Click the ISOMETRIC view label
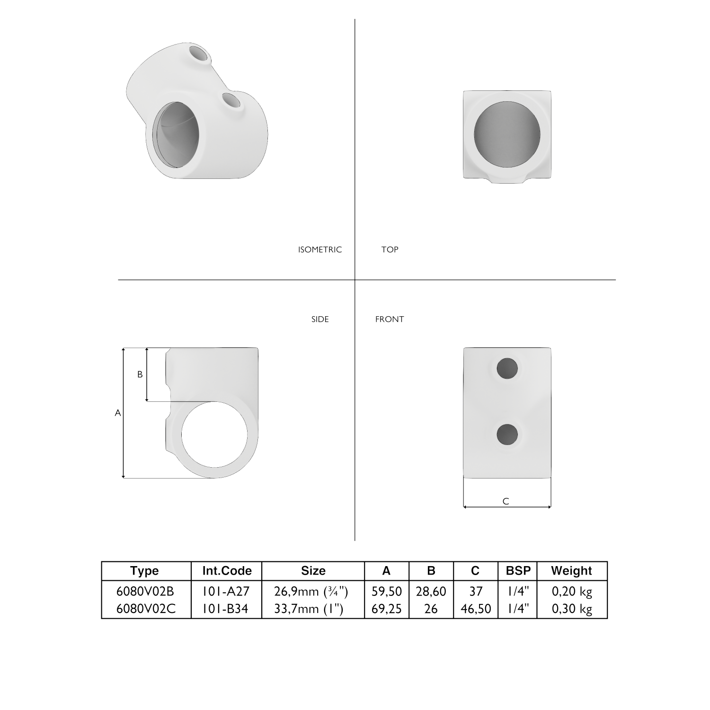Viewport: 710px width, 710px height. pos(319,249)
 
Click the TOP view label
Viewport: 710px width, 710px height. pos(390,249)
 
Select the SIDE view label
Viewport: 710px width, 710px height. pos(320,319)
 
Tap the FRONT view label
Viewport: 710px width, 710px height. pos(390,319)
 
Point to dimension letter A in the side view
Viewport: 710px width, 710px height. pos(118,413)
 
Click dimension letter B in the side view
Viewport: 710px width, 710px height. pos(140,374)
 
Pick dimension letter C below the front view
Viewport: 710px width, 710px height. pos(506,501)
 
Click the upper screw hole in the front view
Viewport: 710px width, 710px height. pos(507,368)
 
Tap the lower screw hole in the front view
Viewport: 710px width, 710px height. pos(507,434)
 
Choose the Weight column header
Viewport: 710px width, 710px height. pos(571,571)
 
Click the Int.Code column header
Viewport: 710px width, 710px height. pos(227,571)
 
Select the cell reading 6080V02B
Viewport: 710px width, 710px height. pos(145,591)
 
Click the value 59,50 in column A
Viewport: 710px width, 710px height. pos(386,591)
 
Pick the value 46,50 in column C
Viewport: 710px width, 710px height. pos(476,609)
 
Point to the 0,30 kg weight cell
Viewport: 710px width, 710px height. pos(572,609)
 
